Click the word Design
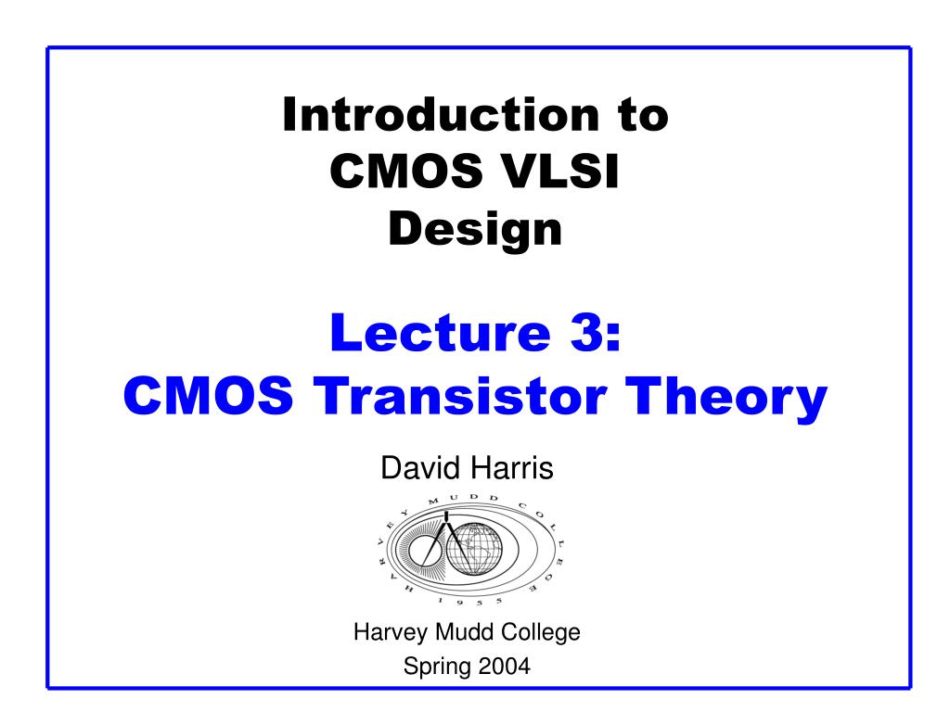coord(475,229)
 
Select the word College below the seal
coord(542,634)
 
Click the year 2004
coord(506,665)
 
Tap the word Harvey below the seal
coord(385,634)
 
